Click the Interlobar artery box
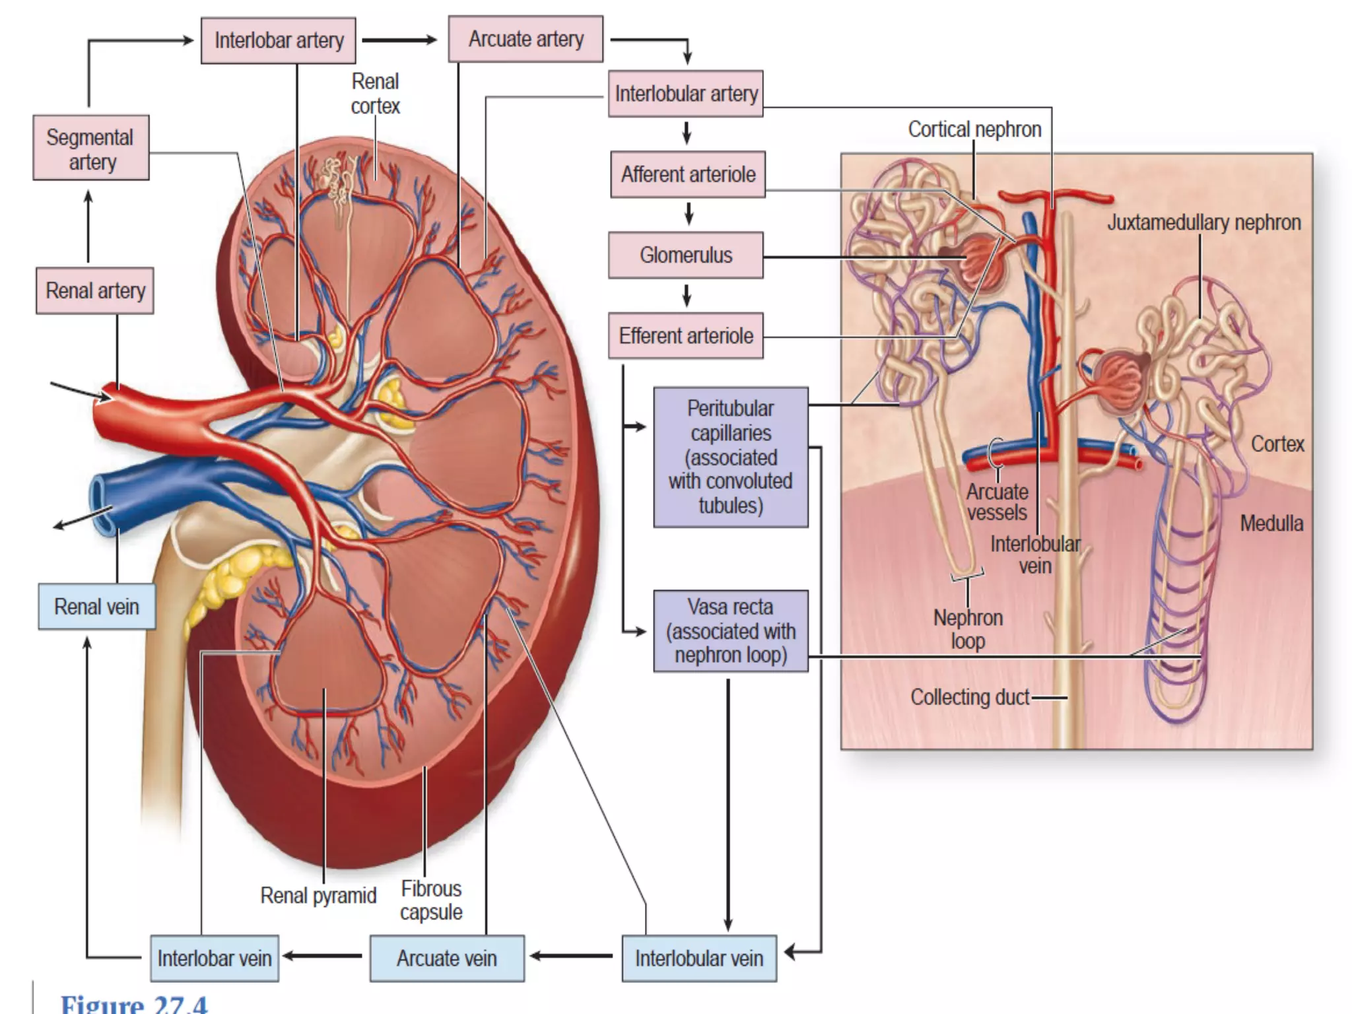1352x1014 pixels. (x=278, y=40)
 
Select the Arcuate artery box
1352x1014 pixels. (x=525, y=39)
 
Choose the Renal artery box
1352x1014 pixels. (x=95, y=290)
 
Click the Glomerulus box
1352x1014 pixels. (x=685, y=255)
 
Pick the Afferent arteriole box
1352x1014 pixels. (x=687, y=174)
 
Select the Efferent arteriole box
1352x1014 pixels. (x=685, y=335)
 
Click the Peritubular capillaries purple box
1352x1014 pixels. (x=730, y=457)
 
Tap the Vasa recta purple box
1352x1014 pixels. (x=730, y=630)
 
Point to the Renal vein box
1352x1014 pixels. (x=96, y=606)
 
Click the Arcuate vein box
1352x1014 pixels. (x=447, y=958)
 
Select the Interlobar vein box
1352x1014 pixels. (x=214, y=958)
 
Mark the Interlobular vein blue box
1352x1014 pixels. (x=698, y=958)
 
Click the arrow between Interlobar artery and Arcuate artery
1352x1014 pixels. (x=399, y=40)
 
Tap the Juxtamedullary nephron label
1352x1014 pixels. (x=1203, y=222)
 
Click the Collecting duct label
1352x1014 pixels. (x=970, y=697)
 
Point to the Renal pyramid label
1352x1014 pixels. (x=318, y=896)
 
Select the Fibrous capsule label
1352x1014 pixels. (x=431, y=900)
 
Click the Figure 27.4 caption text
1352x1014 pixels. (x=134, y=1004)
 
